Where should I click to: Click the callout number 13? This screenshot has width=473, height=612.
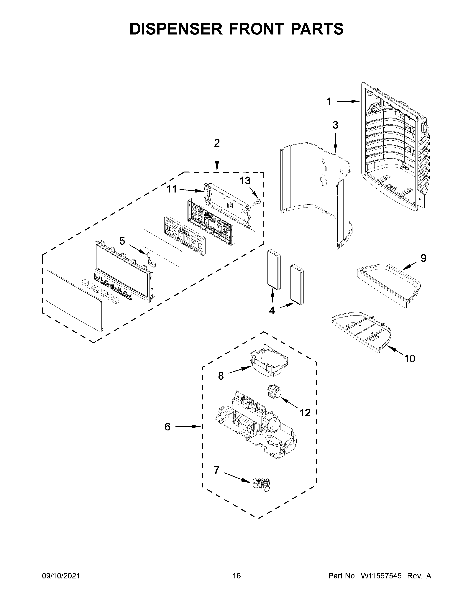pyautogui.click(x=245, y=181)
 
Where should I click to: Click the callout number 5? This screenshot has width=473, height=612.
pyautogui.click(x=122, y=241)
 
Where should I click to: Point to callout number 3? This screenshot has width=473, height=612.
pyautogui.click(x=335, y=125)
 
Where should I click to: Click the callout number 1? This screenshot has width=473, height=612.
pyautogui.click(x=329, y=101)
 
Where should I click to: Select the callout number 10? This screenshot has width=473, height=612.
pyautogui.click(x=409, y=358)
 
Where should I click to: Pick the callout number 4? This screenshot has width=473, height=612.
pyautogui.click(x=272, y=310)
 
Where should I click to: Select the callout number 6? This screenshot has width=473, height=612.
pyautogui.click(x=167, y=427)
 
